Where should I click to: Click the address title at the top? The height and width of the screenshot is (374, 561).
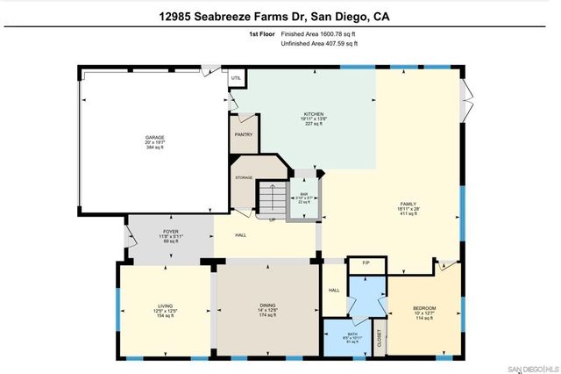click(x=280, y=15)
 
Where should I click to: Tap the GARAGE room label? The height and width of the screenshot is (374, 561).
click(x=155, y=139)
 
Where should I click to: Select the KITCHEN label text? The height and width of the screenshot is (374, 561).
click(x=314, y=115)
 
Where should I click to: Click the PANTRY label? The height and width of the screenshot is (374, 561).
click(x=243, y=135)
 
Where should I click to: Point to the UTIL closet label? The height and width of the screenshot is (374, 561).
click(x=235, y=78)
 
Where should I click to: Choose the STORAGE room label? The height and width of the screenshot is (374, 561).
click(x=244, y=177)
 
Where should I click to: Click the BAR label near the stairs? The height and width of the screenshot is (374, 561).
click(x=305, y=194)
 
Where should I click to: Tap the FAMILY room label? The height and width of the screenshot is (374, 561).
click(x=407, y=204)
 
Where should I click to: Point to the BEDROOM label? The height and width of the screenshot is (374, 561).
click(x=424, y=308)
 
